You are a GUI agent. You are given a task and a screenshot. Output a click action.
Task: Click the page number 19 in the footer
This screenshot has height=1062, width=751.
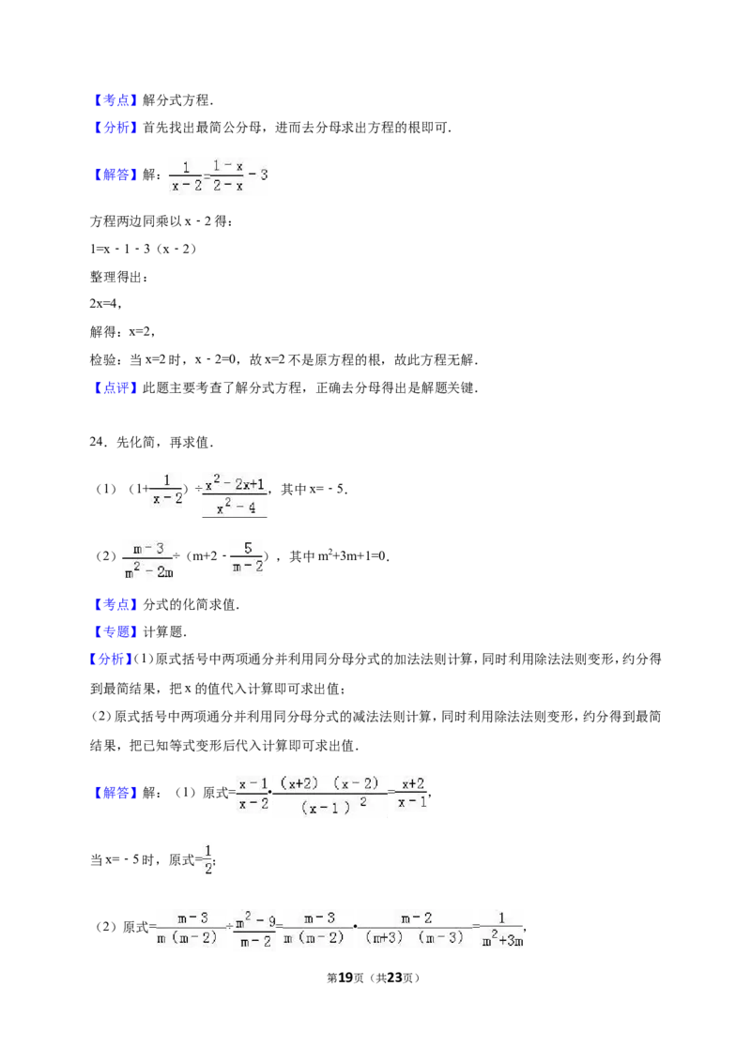[345, 978]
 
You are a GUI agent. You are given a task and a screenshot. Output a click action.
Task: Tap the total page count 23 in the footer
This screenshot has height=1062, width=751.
[394, 978]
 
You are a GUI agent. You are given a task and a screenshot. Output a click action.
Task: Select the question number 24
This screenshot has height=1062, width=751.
[99, 442]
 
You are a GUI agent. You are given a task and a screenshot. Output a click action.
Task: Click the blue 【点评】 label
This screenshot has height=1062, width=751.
[115, 388]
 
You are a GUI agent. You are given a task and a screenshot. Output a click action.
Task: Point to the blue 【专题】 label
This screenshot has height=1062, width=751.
[115, 632]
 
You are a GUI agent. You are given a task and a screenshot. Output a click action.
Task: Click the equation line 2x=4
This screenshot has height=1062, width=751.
[106, 304]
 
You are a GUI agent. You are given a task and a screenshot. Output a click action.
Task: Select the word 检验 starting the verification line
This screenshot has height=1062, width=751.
[102, 359]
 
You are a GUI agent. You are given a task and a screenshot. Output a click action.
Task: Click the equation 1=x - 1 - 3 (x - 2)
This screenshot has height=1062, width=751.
[143, 249]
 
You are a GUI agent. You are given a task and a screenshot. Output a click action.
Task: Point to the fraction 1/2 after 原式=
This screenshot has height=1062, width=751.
[208, 858]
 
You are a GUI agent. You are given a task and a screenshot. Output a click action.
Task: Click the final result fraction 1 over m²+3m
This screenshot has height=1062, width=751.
[501, 928]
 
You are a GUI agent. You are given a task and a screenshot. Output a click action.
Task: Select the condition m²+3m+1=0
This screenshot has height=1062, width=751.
[339, 556]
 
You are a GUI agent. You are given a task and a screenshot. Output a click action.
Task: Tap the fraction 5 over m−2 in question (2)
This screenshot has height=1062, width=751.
[248, 556]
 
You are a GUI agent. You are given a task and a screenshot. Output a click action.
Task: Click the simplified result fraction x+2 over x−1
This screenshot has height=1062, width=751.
[412, 793]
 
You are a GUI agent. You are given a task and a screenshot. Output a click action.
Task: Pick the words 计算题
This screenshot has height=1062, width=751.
[163, 632]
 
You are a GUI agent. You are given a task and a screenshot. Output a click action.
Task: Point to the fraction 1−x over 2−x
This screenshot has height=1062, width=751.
[227, 174]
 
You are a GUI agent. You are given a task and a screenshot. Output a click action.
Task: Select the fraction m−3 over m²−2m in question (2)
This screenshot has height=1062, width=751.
[148, 559]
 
